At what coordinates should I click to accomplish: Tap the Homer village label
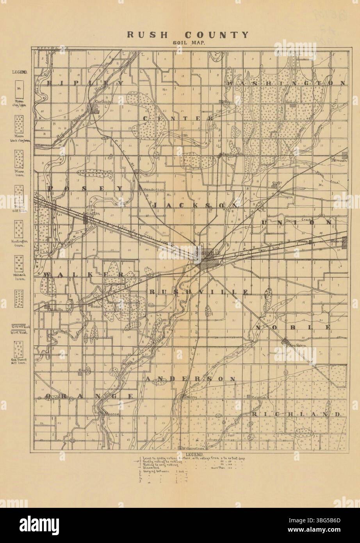[x=96, y=306]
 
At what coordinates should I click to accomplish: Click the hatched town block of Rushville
[x=205, y=264]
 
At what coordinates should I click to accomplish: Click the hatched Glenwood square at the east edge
[x=345, y=240]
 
